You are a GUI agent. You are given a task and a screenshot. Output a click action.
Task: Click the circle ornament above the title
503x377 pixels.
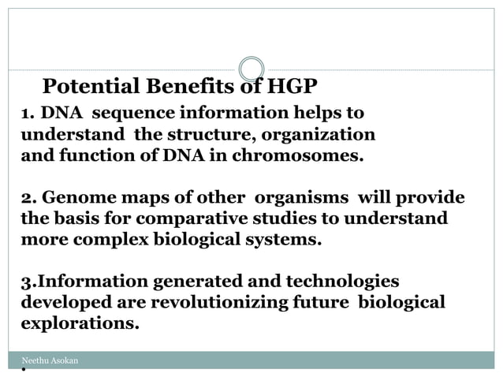[251, 69]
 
